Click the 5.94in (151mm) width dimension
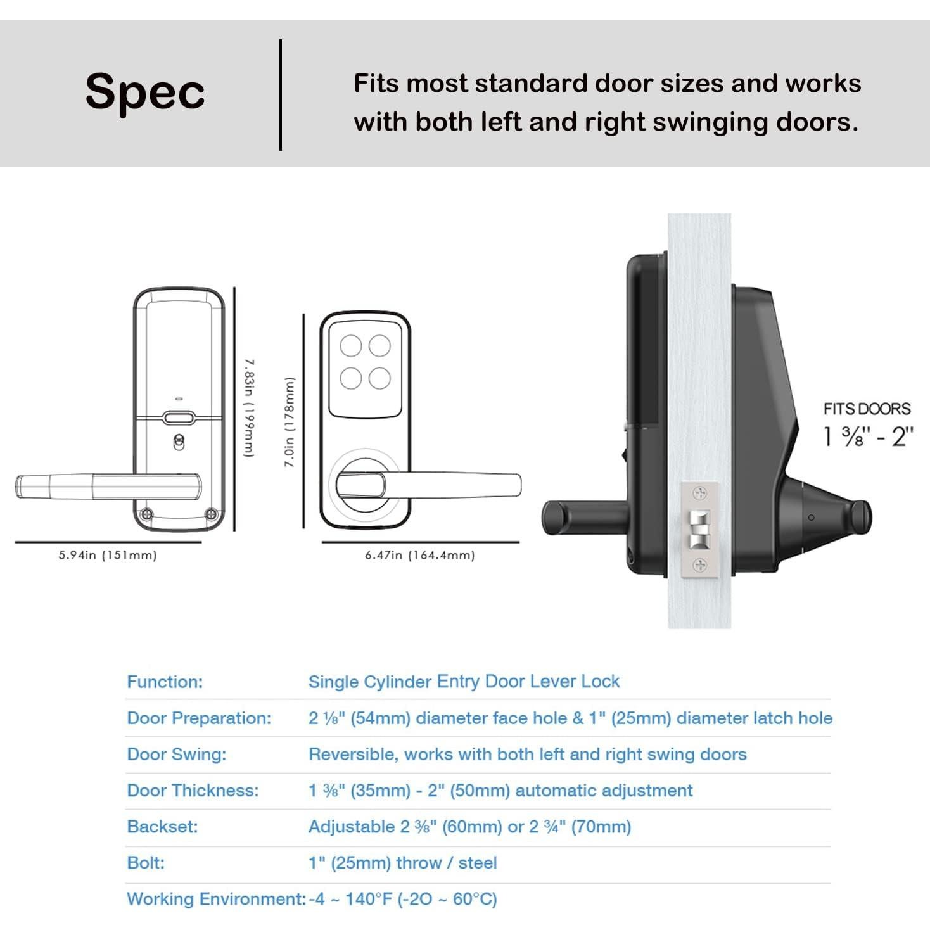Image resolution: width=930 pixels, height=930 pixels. [108, 556]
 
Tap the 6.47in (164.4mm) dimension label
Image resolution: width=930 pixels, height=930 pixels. [419, 556]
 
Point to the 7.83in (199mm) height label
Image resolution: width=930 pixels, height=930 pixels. [250, 408]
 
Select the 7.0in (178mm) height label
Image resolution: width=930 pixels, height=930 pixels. [290, 422]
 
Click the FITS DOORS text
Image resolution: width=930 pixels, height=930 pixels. [867, 409]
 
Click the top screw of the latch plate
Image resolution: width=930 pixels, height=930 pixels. [700, 493]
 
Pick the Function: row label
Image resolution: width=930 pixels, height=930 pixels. [165, 682]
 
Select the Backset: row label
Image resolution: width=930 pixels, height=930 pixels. [162, 827]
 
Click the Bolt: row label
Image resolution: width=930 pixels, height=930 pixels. [146, 863]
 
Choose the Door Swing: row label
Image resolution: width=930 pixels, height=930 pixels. [176, 755]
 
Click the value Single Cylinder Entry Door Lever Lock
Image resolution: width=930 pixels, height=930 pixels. [464, 682]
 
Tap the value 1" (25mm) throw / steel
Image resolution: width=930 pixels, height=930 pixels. [402, 863]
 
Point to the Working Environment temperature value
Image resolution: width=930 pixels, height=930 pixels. [403, 899]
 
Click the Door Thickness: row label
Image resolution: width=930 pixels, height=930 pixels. [193, 791]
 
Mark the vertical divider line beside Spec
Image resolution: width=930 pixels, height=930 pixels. [281, 95]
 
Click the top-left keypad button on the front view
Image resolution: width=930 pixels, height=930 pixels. [350, 347]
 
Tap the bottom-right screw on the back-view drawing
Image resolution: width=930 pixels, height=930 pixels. [212, 514]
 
